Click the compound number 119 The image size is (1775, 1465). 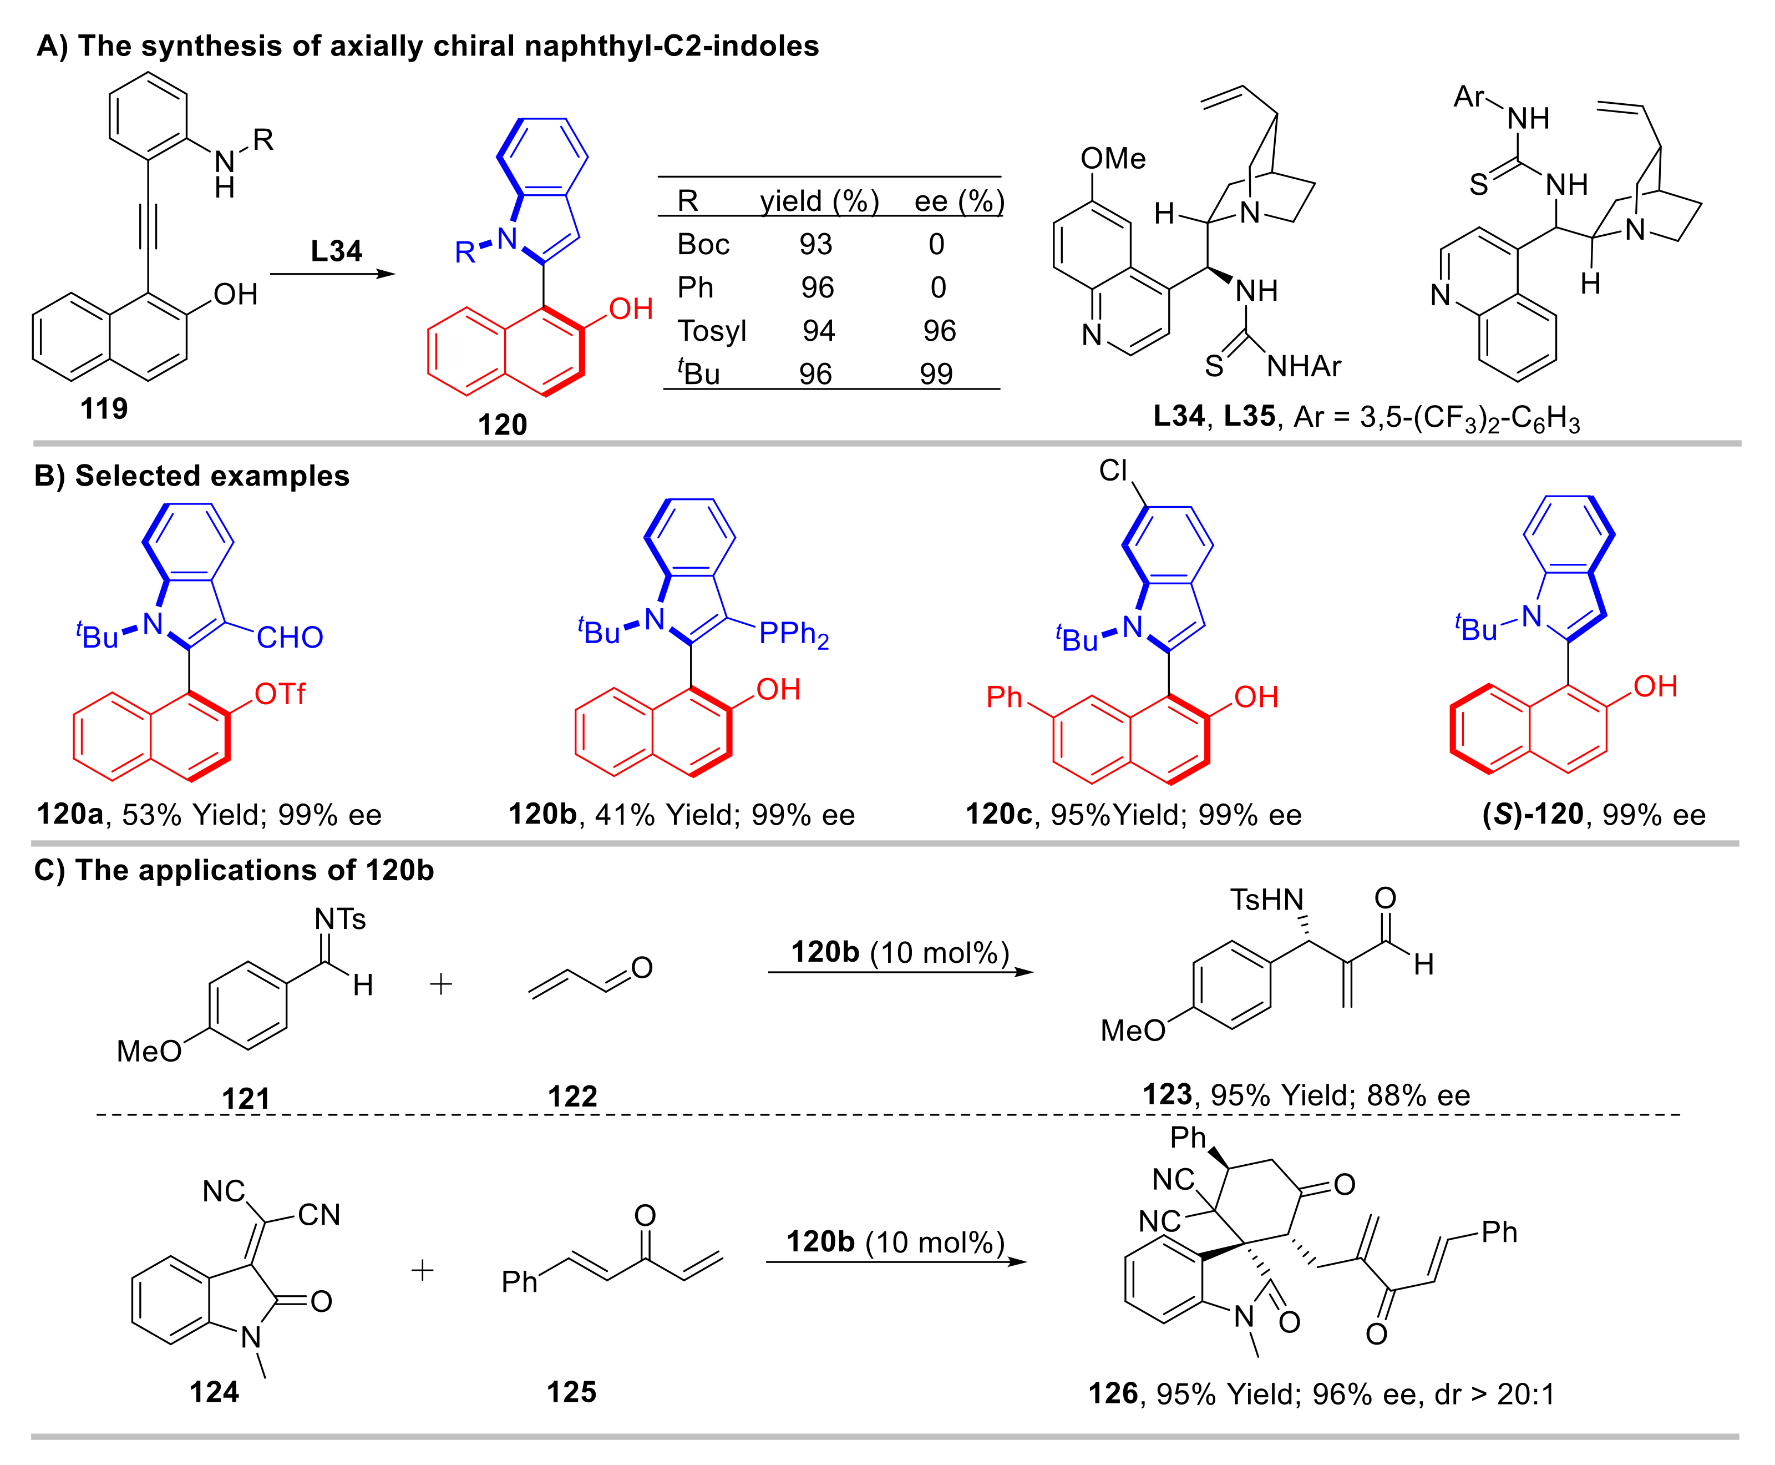[104, 408]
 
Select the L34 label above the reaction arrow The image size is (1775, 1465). [336, 251]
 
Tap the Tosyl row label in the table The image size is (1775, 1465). [711, 330]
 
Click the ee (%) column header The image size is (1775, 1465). [959, 201]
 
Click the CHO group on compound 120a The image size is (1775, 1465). [290, 637]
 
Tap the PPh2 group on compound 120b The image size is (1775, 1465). [793, 634]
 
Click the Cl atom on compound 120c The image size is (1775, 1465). [1113, 470]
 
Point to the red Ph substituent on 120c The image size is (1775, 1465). [1004, 697]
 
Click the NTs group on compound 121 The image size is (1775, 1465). [340, 918]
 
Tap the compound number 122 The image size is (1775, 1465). [572, 1096]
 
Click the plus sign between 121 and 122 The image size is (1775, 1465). [440, 984]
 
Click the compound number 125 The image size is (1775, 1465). [571, 1392]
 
